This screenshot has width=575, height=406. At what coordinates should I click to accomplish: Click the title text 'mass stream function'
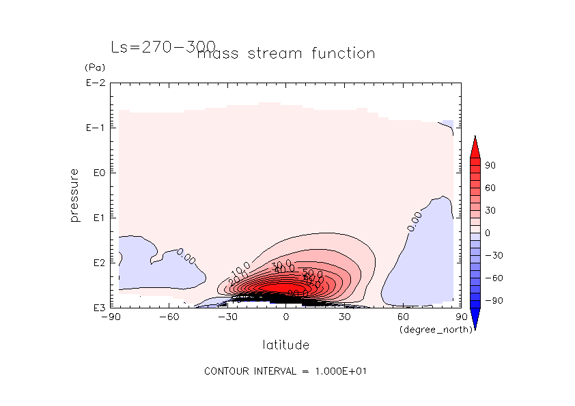click(285, 54)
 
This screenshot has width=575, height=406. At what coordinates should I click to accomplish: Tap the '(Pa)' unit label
click(94, 68)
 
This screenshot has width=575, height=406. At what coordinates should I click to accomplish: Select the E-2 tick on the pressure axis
click(94, 83)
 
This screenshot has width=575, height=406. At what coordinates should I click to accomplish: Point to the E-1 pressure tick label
click(94, 128)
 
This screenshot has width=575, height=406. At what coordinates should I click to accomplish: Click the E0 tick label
click(96, 173)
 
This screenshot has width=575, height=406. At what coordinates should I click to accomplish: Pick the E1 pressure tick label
click(96, 218)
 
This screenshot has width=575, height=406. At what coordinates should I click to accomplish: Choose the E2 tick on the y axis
click(96, 263)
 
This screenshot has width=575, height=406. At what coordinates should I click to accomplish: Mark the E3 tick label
click(96, 308)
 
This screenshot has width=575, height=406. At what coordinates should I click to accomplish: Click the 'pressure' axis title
click(74, 195)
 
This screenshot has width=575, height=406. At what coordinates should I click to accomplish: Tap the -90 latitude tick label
click(110, 317)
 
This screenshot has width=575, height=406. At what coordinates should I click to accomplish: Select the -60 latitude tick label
click(169, 317)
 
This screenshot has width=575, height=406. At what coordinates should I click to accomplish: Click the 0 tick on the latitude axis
click(286, 317)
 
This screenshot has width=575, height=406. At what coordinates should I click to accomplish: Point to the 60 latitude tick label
click(403, 317)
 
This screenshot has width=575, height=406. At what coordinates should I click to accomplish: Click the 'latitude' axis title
click(285, 345)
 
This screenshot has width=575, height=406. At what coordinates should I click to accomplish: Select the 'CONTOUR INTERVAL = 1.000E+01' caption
click(287, 372)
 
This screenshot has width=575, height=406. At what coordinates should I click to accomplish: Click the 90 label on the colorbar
click(490, 166)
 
